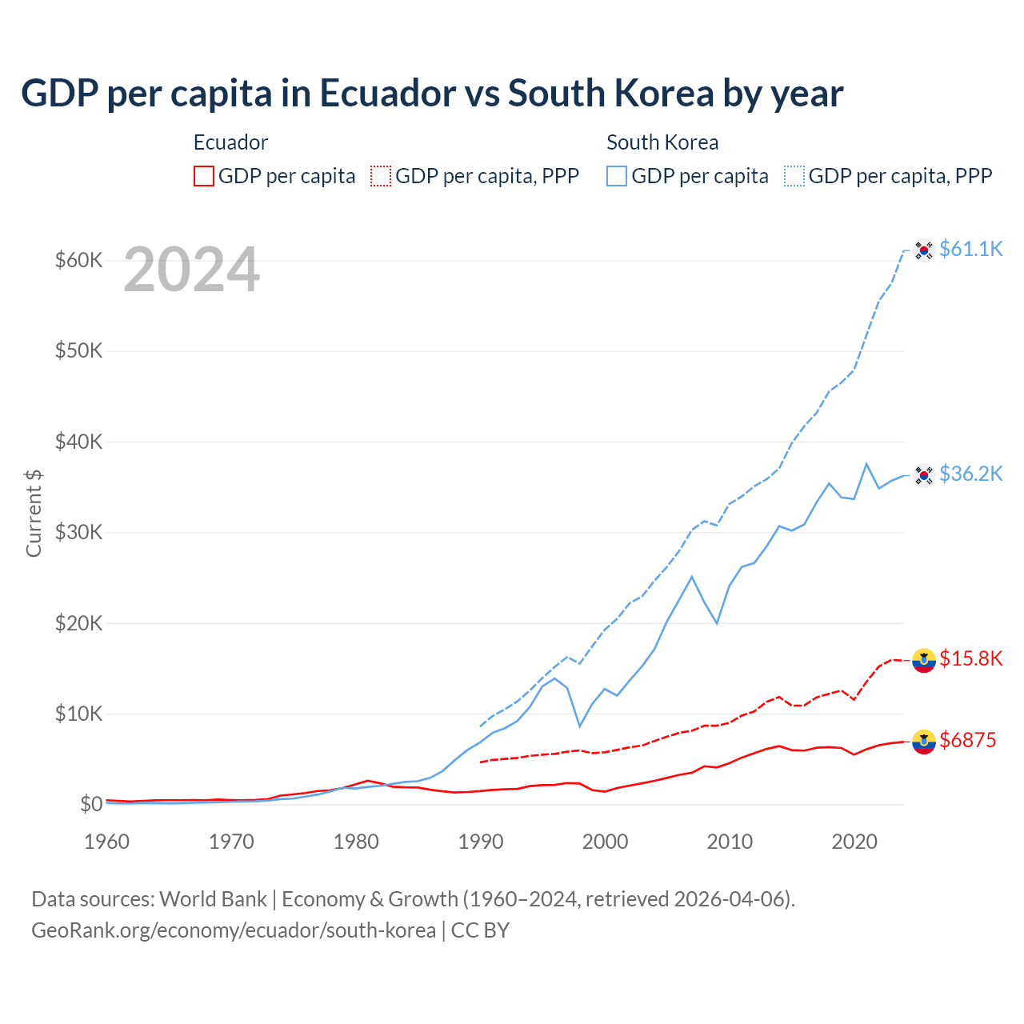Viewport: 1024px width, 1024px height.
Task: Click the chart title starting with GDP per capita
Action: [432, 94]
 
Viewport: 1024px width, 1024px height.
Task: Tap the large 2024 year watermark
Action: [191, 270]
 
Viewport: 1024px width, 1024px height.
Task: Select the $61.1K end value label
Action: [970, 249]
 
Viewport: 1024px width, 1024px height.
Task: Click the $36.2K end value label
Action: [970, 474]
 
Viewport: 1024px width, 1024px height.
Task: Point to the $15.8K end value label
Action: [970, 658]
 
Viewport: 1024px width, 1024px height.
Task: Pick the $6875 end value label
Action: [967, 740]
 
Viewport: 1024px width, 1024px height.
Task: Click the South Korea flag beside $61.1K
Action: [924, 250]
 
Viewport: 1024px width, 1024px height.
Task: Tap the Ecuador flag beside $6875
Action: [924, 742]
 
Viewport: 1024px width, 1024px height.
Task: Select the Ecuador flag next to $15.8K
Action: [924, 660]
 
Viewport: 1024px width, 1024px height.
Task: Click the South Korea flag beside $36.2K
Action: [924, 475]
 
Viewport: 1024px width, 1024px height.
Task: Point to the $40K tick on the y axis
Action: [78, 442]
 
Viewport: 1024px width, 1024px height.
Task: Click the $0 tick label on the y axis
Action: [90, 804]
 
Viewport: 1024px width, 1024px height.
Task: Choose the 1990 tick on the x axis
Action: [481, 842]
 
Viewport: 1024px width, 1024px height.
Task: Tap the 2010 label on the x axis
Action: [730, 842]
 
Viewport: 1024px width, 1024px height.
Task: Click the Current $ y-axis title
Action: [34, 513]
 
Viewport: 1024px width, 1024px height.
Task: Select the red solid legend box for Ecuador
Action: [204, 176]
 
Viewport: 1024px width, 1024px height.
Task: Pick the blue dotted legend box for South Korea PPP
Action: [794, 176]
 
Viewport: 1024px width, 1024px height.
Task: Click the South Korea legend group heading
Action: [662, 142]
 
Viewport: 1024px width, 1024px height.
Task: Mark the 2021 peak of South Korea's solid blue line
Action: [866, 463]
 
